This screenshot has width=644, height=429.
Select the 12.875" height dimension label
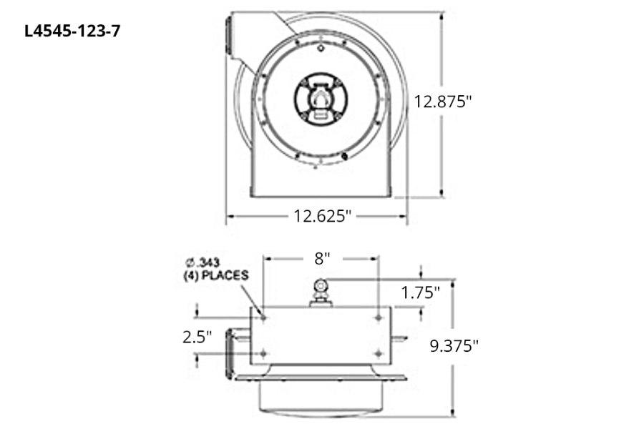tap(444, 102)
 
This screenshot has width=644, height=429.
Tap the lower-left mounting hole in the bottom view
tap(263, 352)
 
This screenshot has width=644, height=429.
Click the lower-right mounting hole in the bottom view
tap(378, 352)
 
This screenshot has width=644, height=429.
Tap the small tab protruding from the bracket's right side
tap(399, 337)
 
